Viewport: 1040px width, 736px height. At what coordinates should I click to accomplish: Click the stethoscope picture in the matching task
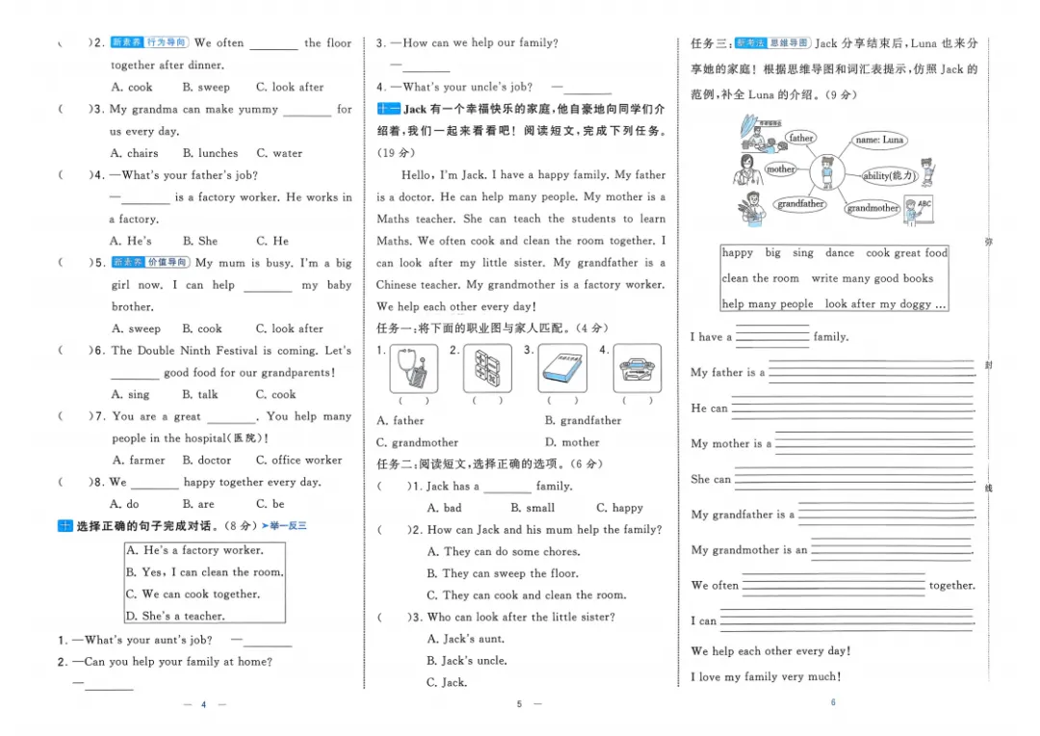(x=414, y=368)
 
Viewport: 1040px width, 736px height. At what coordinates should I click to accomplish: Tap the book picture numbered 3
(x=562, y=368)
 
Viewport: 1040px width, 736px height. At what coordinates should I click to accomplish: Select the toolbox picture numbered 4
(x=637, y=368)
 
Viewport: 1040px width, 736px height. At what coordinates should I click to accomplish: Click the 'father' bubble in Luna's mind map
(x=800, y=138)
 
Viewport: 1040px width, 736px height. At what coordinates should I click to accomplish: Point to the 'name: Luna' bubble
(x=879, y=140)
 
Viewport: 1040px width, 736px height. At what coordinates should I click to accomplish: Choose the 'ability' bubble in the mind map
(x=889, y=176)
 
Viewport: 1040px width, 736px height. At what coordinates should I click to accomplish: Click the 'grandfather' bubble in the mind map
(x=800, y=203)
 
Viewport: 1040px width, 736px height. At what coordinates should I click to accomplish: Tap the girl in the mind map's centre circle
(x=827, y=172)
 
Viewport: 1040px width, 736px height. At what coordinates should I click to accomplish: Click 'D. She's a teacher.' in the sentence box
(x=176, y=616)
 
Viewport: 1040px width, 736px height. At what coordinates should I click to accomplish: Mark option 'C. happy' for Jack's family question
(x=619, y=508)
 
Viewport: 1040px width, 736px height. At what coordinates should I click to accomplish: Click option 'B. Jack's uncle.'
(x=467, y=660)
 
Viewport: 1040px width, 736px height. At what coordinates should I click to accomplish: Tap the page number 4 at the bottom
(x=203, y=704)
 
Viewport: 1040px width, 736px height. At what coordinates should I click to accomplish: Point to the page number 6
(x=833, y=702)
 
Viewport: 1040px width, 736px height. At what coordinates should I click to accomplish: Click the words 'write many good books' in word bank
(x=872, y=278)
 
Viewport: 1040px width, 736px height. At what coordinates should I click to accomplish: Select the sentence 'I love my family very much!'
(x=767, y=677)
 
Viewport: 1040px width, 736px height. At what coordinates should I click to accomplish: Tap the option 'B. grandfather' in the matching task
(x=583, y=420)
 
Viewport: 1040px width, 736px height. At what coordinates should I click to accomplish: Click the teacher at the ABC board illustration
(x=919, y=211)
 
